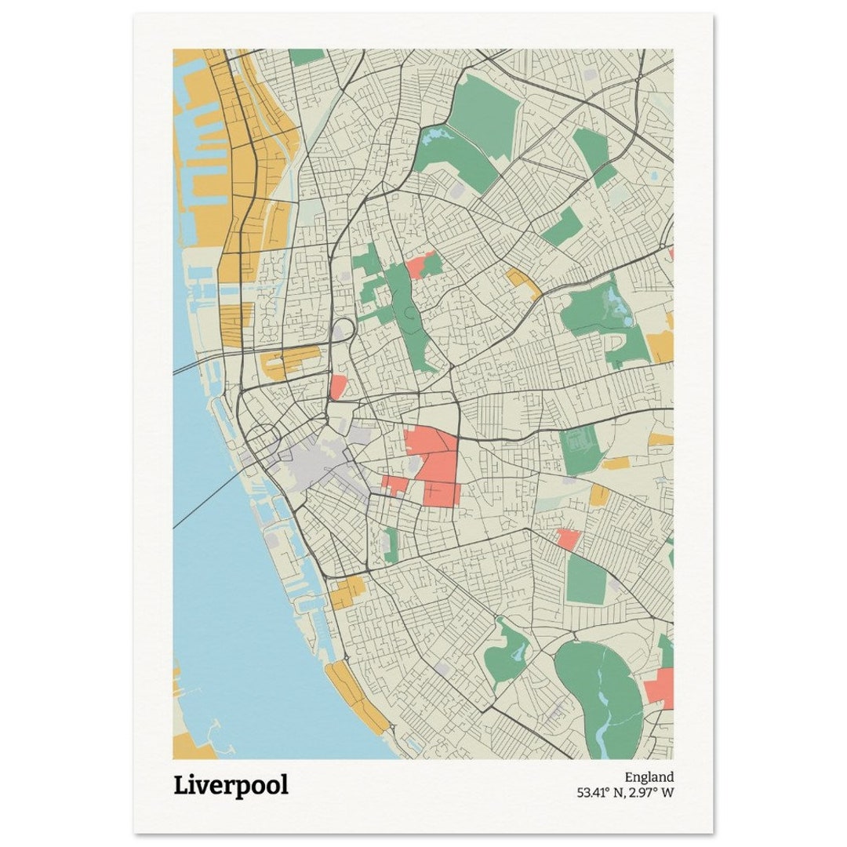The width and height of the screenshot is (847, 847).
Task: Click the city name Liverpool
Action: coord(231,785)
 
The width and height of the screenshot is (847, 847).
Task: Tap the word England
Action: coord(649,777)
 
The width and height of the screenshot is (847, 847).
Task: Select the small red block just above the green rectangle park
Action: coord(567,539)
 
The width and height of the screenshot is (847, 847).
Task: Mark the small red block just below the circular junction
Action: coord(338,386)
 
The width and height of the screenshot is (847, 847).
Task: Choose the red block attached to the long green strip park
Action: coord(421,264)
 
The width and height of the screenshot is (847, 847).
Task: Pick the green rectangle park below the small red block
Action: coord(586,579)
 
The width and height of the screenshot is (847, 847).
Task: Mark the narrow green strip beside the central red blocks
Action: coord(391,543)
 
